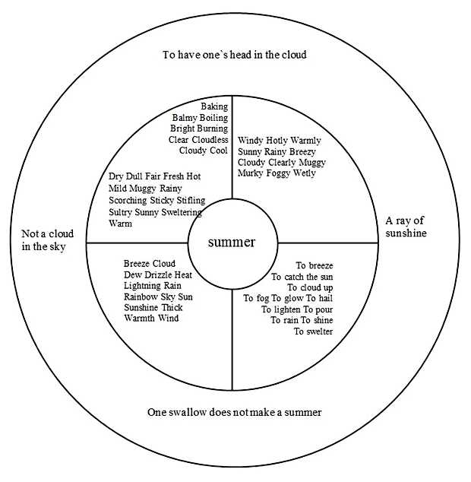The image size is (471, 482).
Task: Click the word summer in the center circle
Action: click(x=232, y=243)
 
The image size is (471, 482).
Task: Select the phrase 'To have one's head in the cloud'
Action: click(x=235, y=55)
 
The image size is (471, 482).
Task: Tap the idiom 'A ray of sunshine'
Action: click(x=406, y=227)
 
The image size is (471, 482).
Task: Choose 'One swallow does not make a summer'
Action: click(x=234, y=412)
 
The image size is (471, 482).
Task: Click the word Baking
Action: click(x=214, y=106)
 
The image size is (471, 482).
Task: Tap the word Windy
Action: click(x=251, y=141)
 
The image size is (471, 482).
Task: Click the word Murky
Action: click(x=252, y=173)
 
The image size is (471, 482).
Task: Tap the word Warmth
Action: click(x=141, y=318)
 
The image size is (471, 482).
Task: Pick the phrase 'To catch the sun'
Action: click(x=302, y=277)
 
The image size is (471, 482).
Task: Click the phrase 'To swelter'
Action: click(x=313, y=331)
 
